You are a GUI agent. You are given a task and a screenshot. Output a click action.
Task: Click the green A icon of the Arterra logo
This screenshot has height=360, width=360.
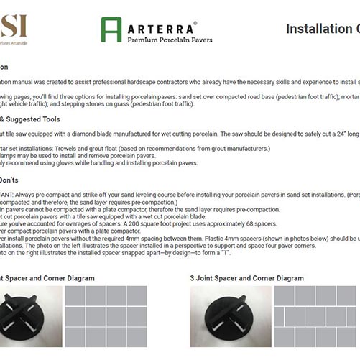tap(111, 29)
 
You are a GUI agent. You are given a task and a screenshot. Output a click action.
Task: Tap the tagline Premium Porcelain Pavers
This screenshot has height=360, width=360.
tap(170, 40)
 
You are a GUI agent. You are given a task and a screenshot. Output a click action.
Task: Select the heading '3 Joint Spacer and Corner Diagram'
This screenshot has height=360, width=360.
tap(246, 278)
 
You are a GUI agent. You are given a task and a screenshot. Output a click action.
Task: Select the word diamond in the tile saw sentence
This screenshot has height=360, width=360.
tap(104, 134)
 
